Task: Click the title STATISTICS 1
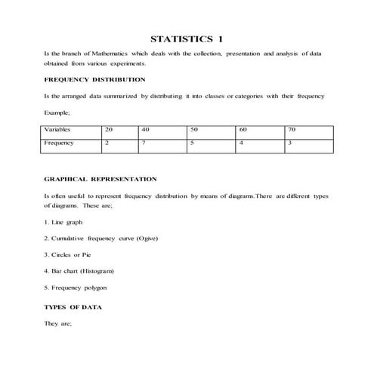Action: pos(187,39)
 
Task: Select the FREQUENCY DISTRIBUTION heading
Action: pos(95,79)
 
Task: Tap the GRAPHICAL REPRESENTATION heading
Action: pos(101,179)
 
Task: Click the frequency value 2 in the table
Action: pos(107,142)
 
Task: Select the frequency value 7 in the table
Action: pos(144,142)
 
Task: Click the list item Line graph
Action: pos(64,222)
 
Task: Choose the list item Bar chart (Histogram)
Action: pos(80,271)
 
